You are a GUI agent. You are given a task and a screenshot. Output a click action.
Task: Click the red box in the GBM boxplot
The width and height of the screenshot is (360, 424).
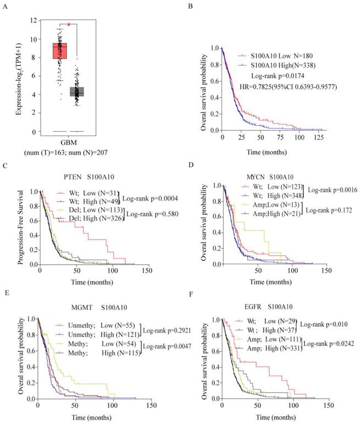[59, 51]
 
